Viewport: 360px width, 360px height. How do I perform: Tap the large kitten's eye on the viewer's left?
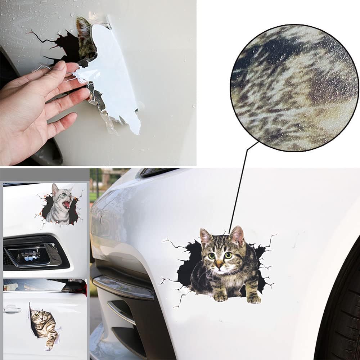211,256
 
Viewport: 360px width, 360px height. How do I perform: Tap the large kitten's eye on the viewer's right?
228,255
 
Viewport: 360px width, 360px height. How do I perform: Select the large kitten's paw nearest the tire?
254,298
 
